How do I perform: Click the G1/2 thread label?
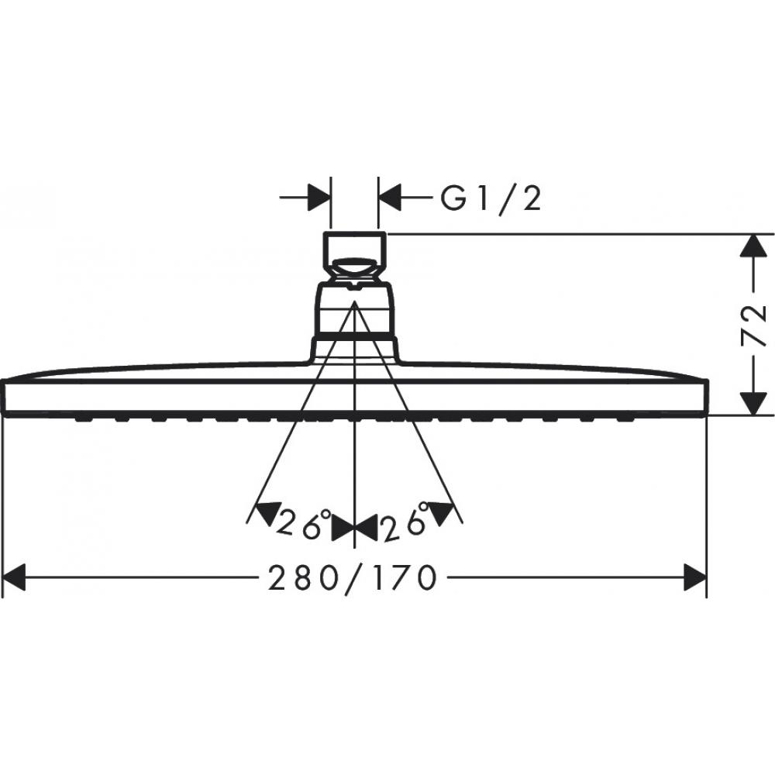[490, 200]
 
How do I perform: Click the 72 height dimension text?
[753, 325]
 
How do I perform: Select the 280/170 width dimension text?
[348, 577]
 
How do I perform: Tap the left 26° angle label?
[305, 525]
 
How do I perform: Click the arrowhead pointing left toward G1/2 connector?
[391, 198]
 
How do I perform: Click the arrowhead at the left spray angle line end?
[265, 512]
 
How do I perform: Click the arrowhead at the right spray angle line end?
[443, 512]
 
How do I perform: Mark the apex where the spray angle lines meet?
[354, 304]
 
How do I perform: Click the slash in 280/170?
[348, 577]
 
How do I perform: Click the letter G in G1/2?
[455, 200]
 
